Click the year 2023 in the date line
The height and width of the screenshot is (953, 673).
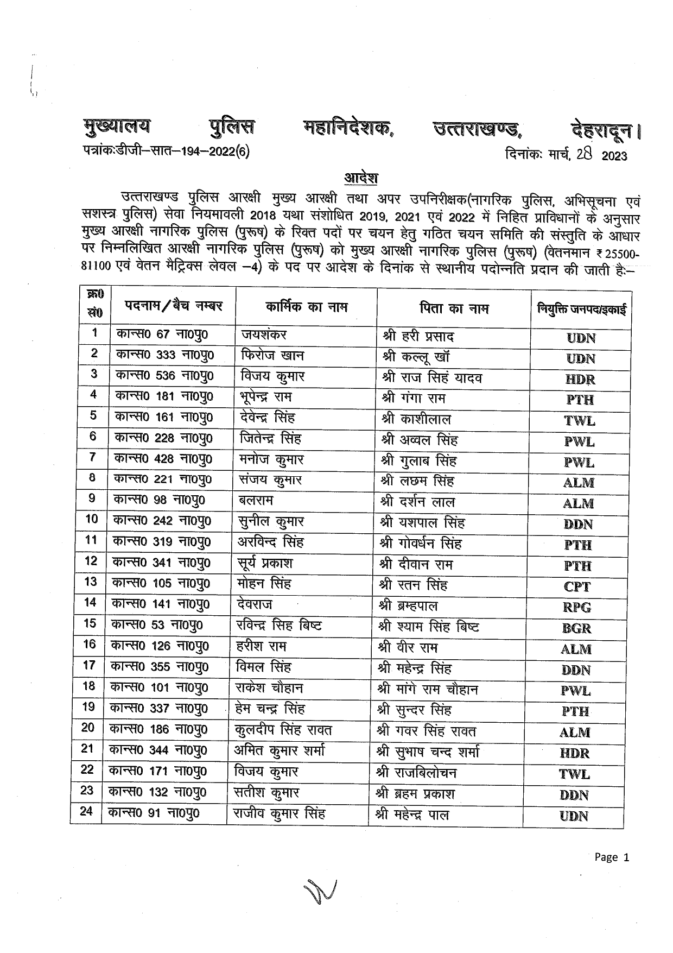[x=614, y=156]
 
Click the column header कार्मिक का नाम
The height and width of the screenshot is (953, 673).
[x=307, y=307]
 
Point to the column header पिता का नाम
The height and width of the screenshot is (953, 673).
[x=454, y=308]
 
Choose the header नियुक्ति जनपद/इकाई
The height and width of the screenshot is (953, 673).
[x=581, y=310]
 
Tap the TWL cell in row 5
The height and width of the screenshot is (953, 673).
[x=579, y=421]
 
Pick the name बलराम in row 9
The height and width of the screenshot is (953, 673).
[x=256, y=500]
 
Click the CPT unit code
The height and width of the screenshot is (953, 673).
[x=576, y=587]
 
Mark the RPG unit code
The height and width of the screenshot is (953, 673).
[x=576, y=608]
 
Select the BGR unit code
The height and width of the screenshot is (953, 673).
[x=576, y=628]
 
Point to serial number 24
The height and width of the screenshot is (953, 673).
[x=86, y=811]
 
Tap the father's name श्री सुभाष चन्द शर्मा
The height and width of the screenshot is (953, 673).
[x=428, y=752]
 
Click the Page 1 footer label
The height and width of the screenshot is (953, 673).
[x=612, y=857]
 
